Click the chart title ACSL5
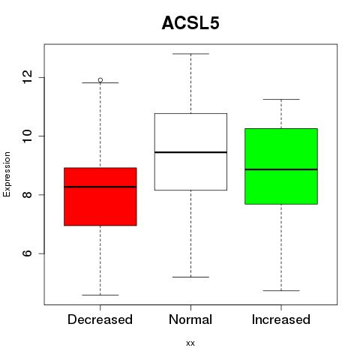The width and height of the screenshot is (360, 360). [190, 23]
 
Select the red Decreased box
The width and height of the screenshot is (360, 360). [100, 196]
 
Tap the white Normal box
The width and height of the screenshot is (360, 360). [190, 151]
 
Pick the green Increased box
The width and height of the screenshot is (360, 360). [281, 166]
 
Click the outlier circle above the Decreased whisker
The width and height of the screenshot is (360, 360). [100, 80]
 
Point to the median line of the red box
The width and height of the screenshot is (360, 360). [100, 187]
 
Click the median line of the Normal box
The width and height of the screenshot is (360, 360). [190, 152]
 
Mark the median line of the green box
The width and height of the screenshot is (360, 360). [281, 169]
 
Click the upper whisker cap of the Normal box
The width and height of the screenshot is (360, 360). [190, 54]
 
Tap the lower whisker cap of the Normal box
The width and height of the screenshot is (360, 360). [190, 277]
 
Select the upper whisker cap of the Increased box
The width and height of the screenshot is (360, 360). [281, 99]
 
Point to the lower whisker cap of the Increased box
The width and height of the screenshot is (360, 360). [281, 290]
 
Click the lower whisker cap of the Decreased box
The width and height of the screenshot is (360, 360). [100, 295]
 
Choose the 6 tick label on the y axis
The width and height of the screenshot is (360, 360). [27, 253]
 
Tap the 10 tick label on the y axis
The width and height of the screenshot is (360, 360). [27, 136]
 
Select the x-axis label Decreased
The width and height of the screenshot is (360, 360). [100, 319]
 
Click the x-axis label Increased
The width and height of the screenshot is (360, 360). [281, 319]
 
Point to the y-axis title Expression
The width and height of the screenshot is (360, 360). [7, 174]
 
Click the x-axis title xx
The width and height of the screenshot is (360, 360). [190, 343]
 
